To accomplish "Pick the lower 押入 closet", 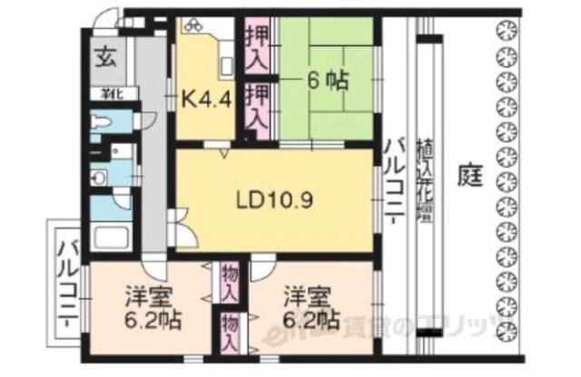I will point(258,105).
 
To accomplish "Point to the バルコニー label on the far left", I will point(68,276).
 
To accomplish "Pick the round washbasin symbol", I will point(99,177).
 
